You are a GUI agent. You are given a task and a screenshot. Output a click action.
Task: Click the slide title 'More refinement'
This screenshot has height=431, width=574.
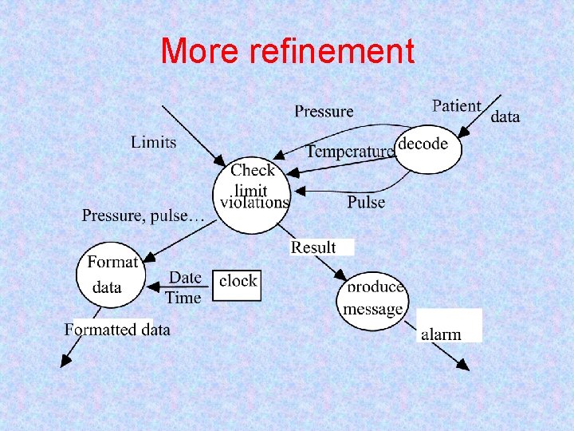pyautogui.click(x=287, y=52)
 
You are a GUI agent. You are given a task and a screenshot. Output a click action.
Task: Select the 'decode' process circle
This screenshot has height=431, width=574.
pyautogui.click(x=428, y=144)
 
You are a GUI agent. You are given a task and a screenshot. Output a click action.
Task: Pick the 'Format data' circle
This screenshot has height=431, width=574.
pyautogui.click(x=110, y=275)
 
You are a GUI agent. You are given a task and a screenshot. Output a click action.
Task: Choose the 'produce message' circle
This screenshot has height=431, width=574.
pyautogui.click(x=372, y=301)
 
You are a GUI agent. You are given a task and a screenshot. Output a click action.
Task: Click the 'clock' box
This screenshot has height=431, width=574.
pyautogui.click(x=238, y=281)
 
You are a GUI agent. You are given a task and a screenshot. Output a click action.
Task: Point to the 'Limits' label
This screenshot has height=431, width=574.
pyautogui.click(x=154, y=142)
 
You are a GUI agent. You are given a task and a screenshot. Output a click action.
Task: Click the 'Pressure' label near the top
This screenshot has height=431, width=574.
pyautogui.click(x=324, y=111)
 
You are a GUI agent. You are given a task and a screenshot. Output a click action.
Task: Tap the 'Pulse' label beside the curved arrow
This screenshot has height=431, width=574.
pyautogui.click(x=366, y=202)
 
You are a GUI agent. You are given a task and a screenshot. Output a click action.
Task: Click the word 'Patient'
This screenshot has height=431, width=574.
pyautogui.click(x=457, y=106)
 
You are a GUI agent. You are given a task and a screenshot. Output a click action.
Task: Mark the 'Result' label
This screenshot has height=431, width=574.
pyautogui.click(x=314, y=247)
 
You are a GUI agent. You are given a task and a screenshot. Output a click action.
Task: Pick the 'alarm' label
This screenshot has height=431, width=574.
pyautogui.click(x=441, y=334)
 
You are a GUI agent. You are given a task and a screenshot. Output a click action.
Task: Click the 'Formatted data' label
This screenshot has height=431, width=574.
pyautogui.click(x=117, y=329)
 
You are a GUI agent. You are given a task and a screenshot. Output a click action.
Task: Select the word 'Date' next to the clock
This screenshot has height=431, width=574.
pyautogui.click(x=185, y=277)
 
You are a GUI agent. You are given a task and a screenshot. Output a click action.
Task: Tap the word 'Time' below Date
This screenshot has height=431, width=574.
pyautogui.click(x=183, y=298)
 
